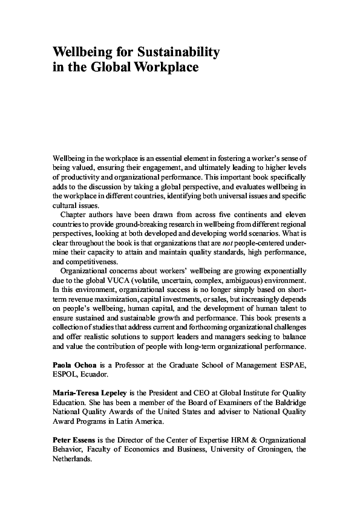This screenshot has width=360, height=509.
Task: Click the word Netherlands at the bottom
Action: click(72, 459)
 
